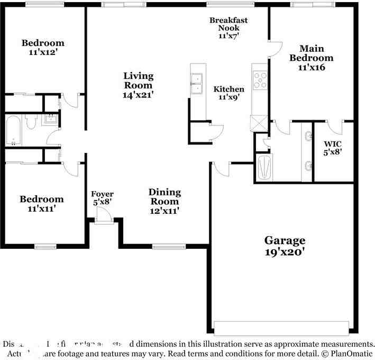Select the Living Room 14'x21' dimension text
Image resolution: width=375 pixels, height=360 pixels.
[x=139, y=94]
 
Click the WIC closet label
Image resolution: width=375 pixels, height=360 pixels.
[x=333, y=143]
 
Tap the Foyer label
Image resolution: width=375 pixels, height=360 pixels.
[x=102, y=194]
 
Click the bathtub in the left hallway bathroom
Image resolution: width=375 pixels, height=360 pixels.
[x=13, y=131]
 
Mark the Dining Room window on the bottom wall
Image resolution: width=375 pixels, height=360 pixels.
[x=164, y=246]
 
